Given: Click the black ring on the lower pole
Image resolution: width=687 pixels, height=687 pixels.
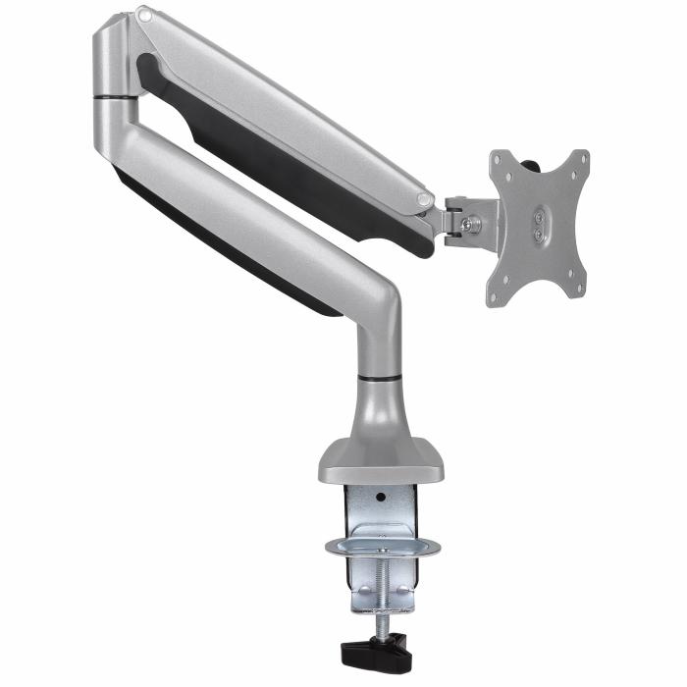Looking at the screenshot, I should (379, 377).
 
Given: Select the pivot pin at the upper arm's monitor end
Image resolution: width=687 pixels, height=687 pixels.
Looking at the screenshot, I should (425, 199).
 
